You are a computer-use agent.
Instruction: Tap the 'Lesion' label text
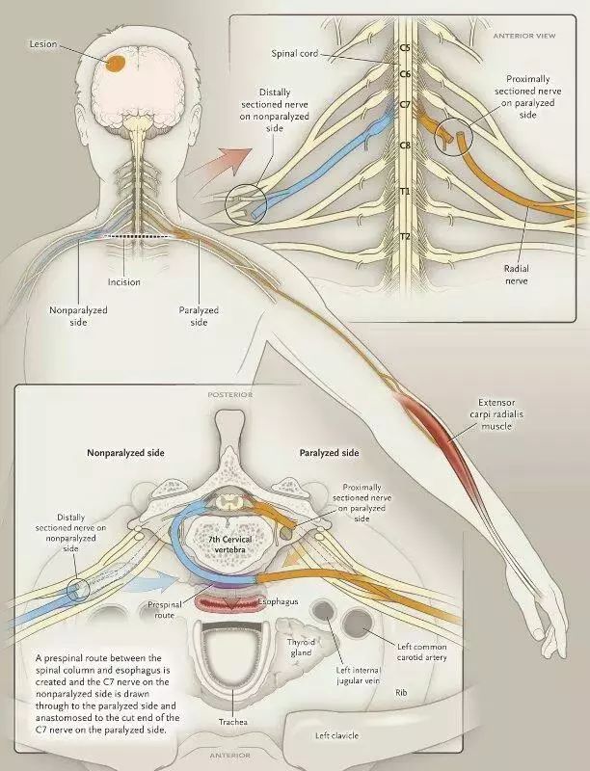pos(45,44)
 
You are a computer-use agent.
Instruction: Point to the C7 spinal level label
pos(405,103)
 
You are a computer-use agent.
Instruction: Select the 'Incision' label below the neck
pos(124,282)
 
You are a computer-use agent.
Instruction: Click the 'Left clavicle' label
pos(337,735)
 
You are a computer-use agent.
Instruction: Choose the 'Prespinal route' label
pos(160,609)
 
